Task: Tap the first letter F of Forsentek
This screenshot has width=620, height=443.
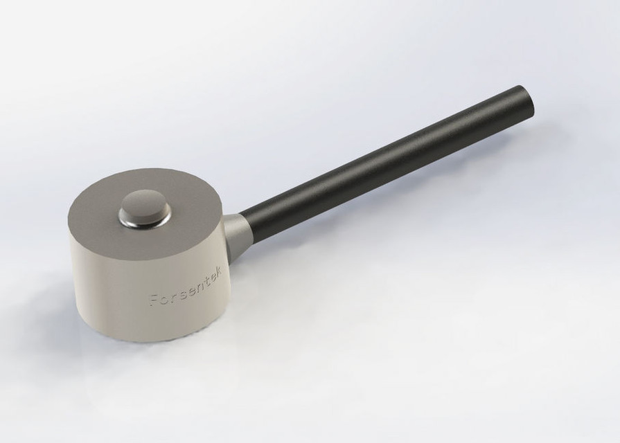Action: pos(152,300)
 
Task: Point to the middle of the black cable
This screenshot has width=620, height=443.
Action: pos(388,159)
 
